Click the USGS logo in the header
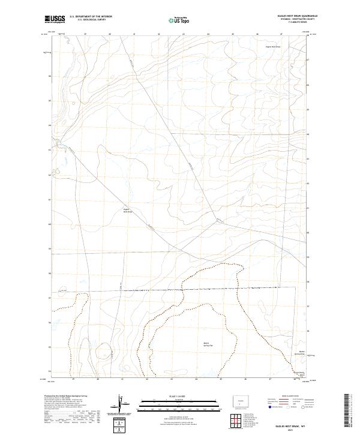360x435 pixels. point(55,20)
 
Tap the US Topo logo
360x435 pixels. point(175,20)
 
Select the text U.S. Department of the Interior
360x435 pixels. point(91,17)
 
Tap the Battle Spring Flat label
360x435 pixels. point(207,344)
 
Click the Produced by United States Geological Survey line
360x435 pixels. point(66,396)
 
